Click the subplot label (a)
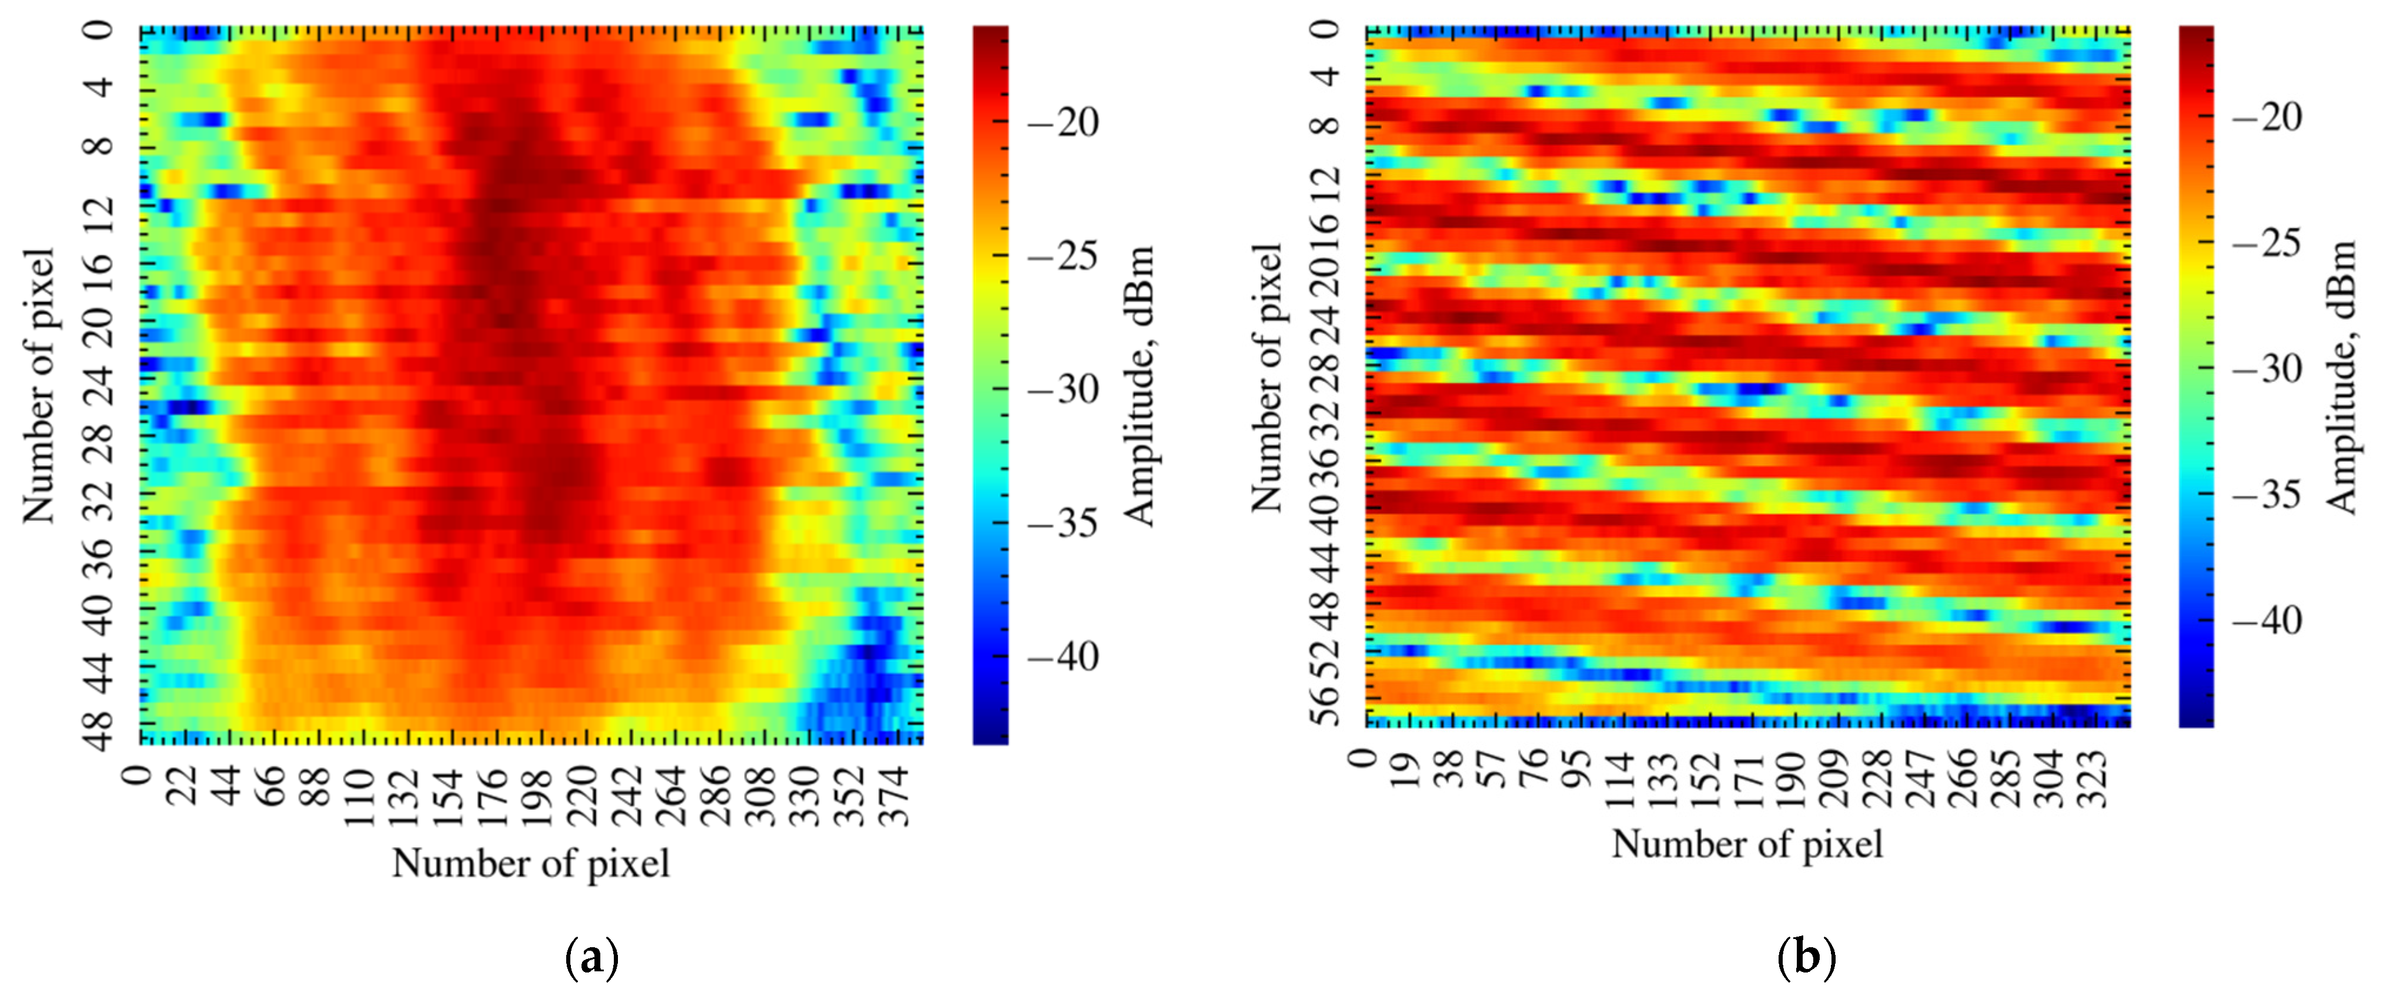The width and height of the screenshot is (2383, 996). (x=591, y=958)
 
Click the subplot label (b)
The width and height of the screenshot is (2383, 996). (x=1806, y=958)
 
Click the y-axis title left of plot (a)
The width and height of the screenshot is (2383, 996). (x=39, y=385)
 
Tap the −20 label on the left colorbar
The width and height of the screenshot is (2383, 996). (x=1063, y=121)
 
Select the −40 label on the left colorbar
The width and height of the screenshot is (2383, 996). (x=1063, y=656)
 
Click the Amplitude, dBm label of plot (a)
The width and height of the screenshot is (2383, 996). (x=1139, y=385)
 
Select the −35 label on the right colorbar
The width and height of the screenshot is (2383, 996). (x=2267, y=495)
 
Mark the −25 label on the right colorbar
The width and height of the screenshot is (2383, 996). (x=2267, y=244)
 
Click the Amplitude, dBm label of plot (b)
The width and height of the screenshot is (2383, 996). (x=2342, y=377)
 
